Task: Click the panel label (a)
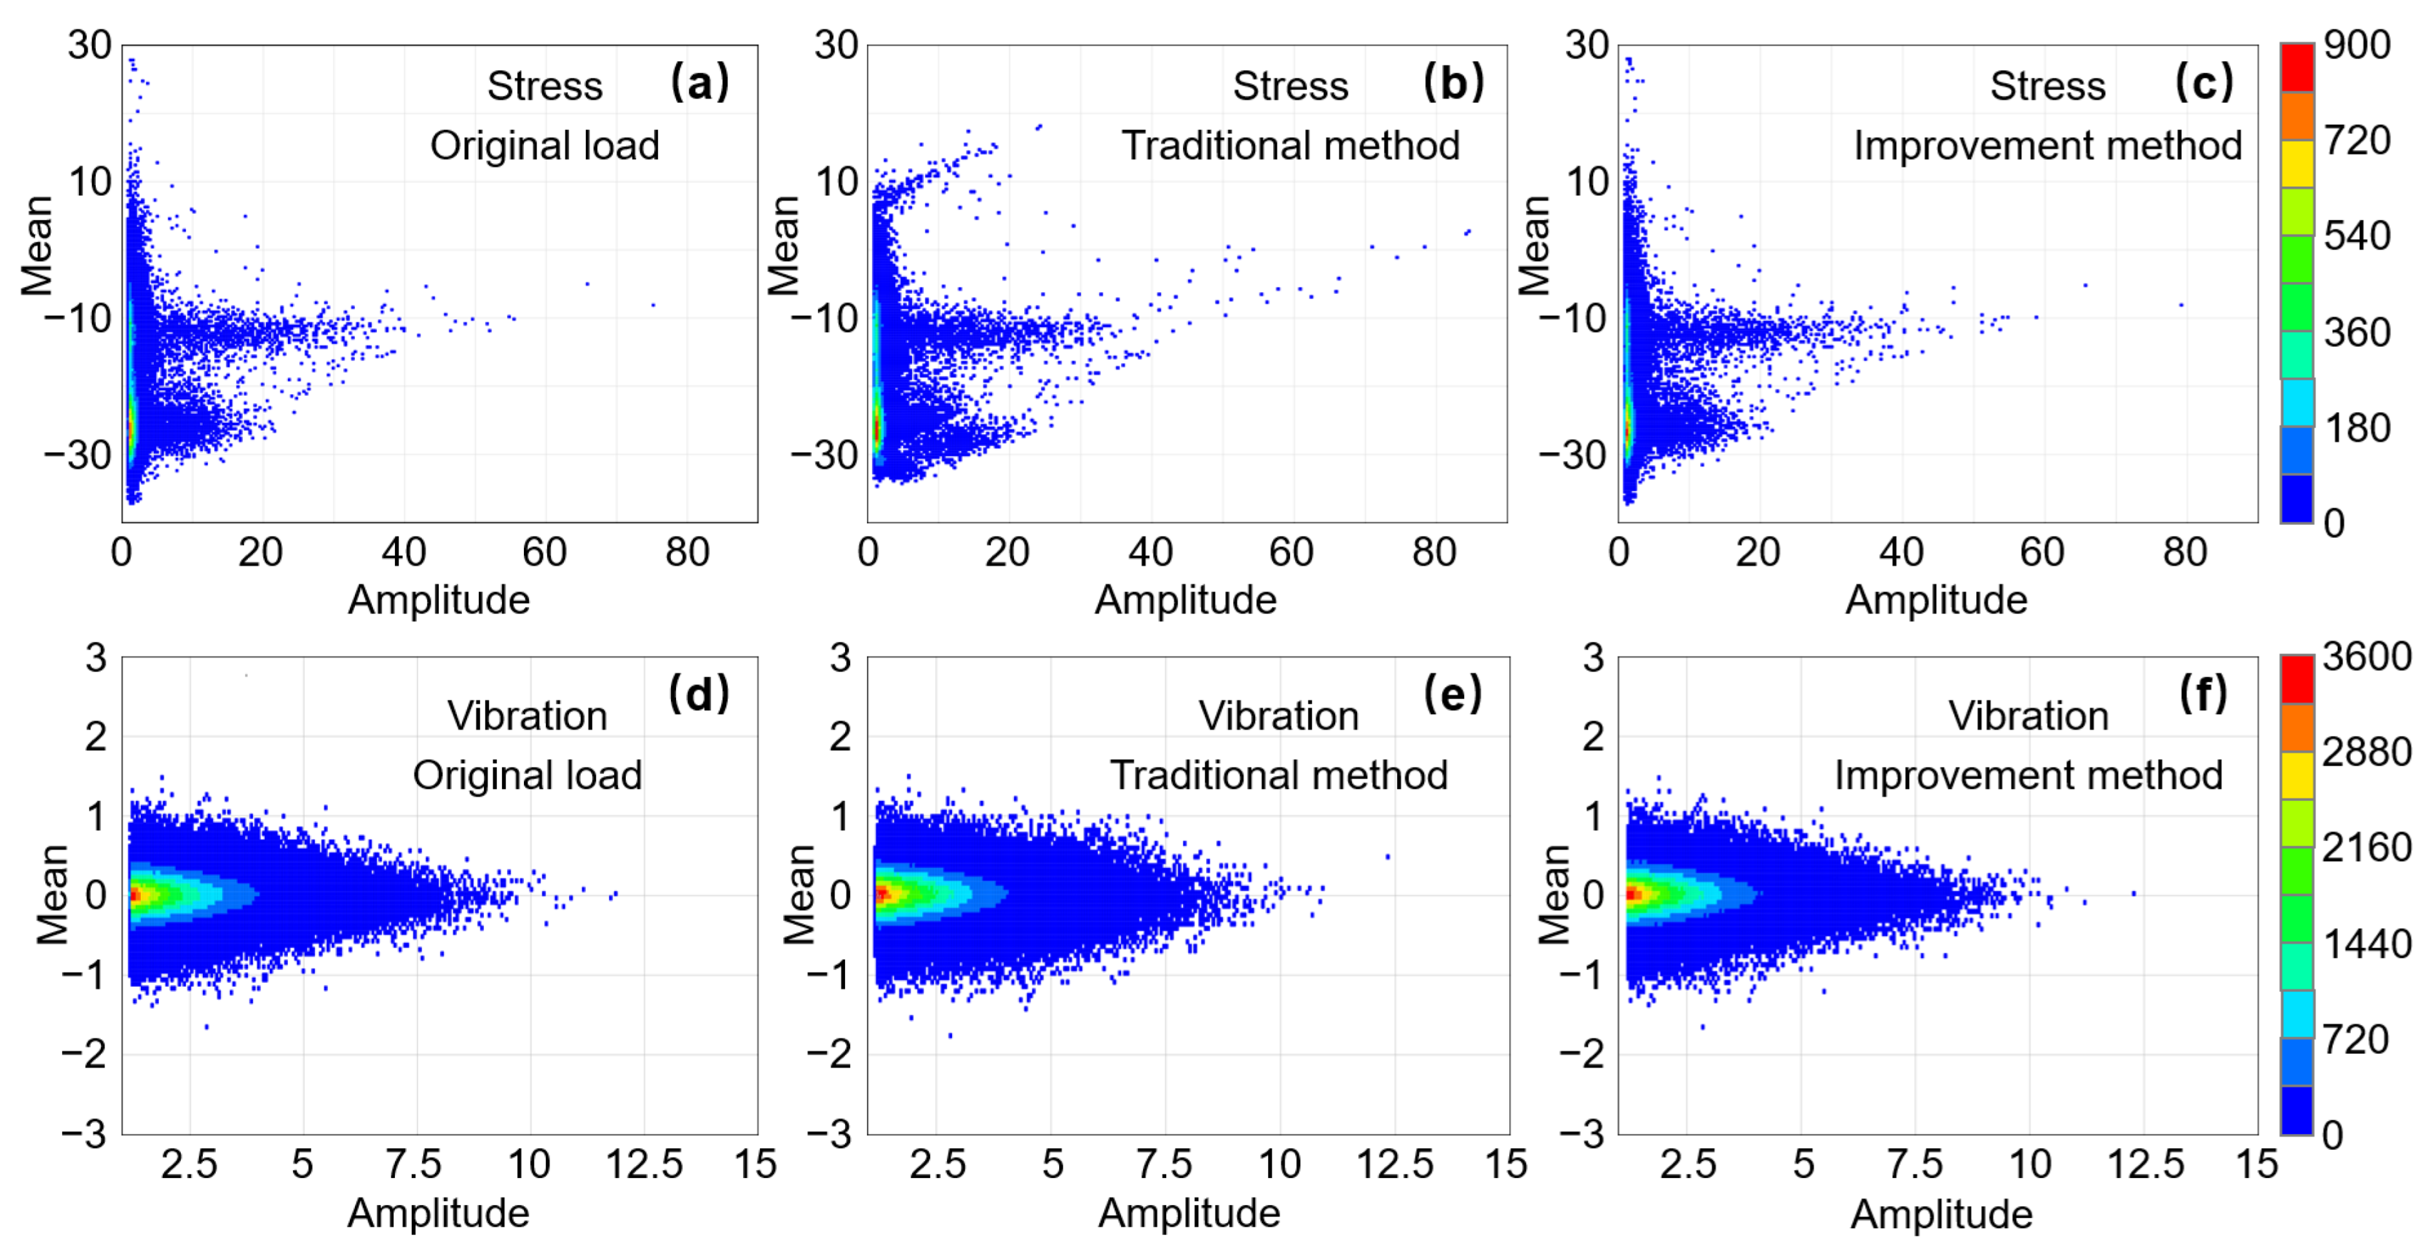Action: point(699,83)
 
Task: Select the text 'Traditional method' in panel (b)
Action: point(1290,145)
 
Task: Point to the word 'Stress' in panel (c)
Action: point(2047,86)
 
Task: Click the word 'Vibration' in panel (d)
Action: point(527,716)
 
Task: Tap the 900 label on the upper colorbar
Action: point(2357,44)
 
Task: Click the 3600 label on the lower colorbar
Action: point(2366,657)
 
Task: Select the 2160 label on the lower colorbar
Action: point(2366,847)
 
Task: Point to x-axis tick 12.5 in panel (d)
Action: point(643,1164)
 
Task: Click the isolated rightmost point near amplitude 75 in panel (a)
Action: point(653,305)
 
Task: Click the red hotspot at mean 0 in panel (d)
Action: point(134,893)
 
